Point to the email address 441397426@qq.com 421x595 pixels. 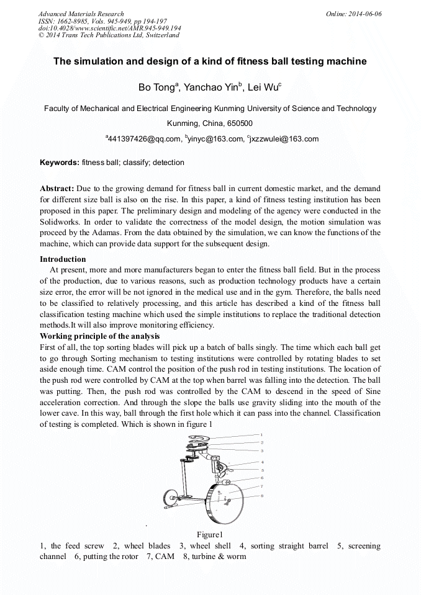143,139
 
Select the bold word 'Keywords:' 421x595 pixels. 60,163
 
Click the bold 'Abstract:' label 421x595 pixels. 57,188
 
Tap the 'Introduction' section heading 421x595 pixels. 63,259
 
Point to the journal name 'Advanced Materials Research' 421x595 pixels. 81,14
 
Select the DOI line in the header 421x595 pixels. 109,29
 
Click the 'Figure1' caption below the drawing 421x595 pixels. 209,535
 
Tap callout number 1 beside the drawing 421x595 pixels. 261,435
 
